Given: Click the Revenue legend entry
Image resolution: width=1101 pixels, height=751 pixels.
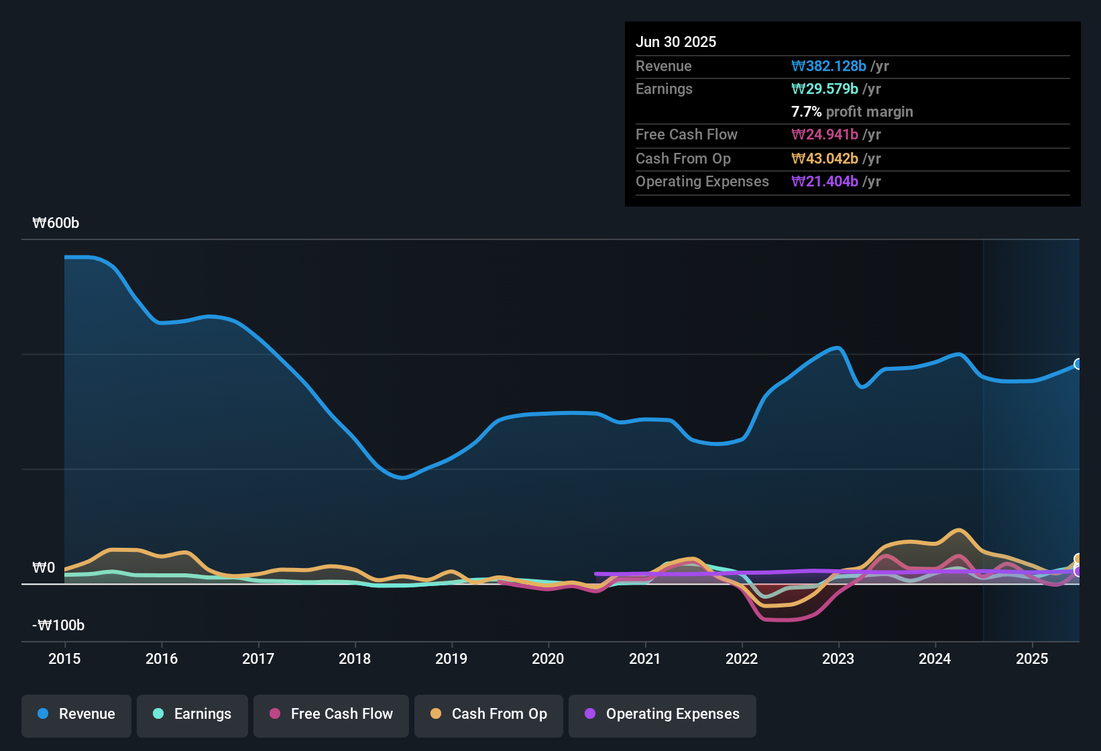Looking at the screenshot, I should (76, 714).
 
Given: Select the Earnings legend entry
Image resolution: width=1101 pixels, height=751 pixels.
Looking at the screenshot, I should (192, 714).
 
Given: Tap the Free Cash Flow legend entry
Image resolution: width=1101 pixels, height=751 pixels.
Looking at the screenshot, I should (331, 714).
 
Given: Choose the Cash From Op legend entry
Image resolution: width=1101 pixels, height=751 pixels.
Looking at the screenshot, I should (489, 714).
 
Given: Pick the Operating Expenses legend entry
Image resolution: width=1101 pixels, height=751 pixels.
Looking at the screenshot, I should (662, 714).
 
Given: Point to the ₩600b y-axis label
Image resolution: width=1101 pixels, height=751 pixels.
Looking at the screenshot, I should (56, 223).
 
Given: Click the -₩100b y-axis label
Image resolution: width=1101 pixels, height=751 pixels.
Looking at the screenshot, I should (58, 626).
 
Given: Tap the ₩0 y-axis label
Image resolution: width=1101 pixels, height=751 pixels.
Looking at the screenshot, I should (44, 568).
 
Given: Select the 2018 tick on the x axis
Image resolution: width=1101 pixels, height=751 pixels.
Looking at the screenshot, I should (355, 658).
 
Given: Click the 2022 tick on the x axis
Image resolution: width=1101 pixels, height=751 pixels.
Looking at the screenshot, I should (742, 658).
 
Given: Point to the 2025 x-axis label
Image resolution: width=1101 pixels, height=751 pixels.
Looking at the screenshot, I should (1032, 658).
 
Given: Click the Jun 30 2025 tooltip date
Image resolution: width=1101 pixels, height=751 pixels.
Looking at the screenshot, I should (676, 42).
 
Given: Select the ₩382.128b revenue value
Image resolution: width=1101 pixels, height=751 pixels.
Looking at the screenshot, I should (829, 66).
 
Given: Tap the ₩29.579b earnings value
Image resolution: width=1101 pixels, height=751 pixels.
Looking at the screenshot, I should (825, 89).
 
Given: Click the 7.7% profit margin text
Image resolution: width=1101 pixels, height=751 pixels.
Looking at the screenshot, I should (852, 112).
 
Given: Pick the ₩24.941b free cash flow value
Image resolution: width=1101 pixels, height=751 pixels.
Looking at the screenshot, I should (825, 135).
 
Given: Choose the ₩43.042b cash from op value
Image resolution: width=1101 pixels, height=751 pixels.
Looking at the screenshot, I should (825, 159).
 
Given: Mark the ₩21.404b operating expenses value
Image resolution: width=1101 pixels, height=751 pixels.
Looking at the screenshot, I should (825, 182).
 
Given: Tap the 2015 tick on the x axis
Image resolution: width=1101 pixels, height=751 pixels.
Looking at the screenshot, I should (64, 658).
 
